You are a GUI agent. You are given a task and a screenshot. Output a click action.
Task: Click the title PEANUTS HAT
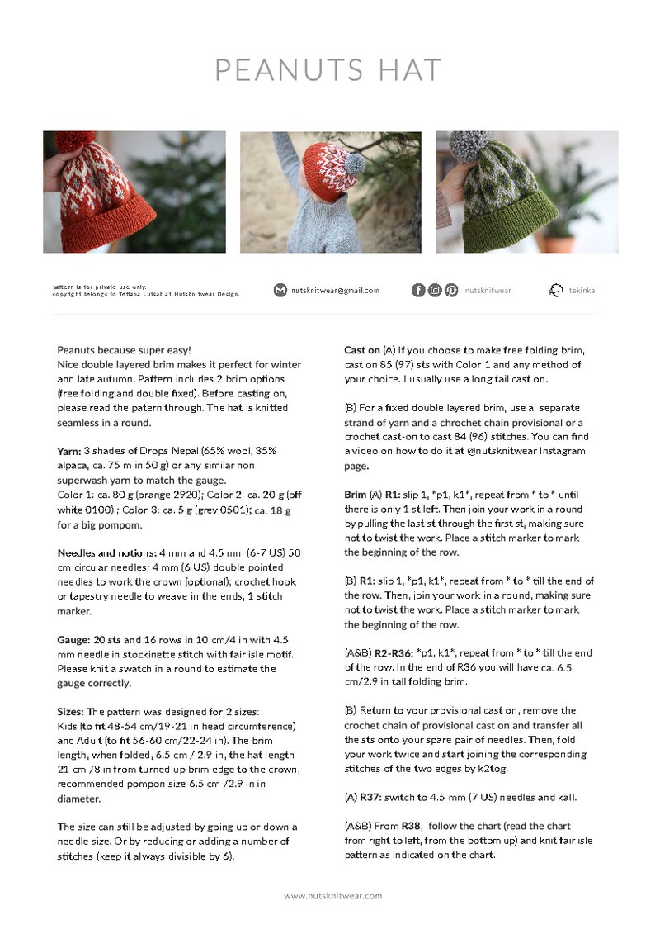tap(328, 70)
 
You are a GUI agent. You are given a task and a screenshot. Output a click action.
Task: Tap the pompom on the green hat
tap(469, 146)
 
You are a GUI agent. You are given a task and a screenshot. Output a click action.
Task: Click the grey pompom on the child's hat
tap(354, 164)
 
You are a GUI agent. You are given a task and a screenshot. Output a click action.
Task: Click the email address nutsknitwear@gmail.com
tap(335, 291)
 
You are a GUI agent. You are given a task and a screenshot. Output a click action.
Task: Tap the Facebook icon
tap(418, 290)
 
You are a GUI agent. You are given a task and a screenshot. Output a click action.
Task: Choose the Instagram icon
tap(435, 290)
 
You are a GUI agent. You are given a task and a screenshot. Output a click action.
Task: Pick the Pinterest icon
tap(451, 290)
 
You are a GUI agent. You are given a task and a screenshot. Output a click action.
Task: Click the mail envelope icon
tap(280, 291)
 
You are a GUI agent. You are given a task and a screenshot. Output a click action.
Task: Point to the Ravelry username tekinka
tap(582, 291)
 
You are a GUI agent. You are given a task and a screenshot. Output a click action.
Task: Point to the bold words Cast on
tap(362, 350)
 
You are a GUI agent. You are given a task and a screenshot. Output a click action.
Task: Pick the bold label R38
tap(412, 826)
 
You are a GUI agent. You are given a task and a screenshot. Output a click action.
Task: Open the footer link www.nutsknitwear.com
tap(333, 896)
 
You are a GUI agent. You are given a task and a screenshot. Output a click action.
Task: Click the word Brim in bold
tap(356, 495)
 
